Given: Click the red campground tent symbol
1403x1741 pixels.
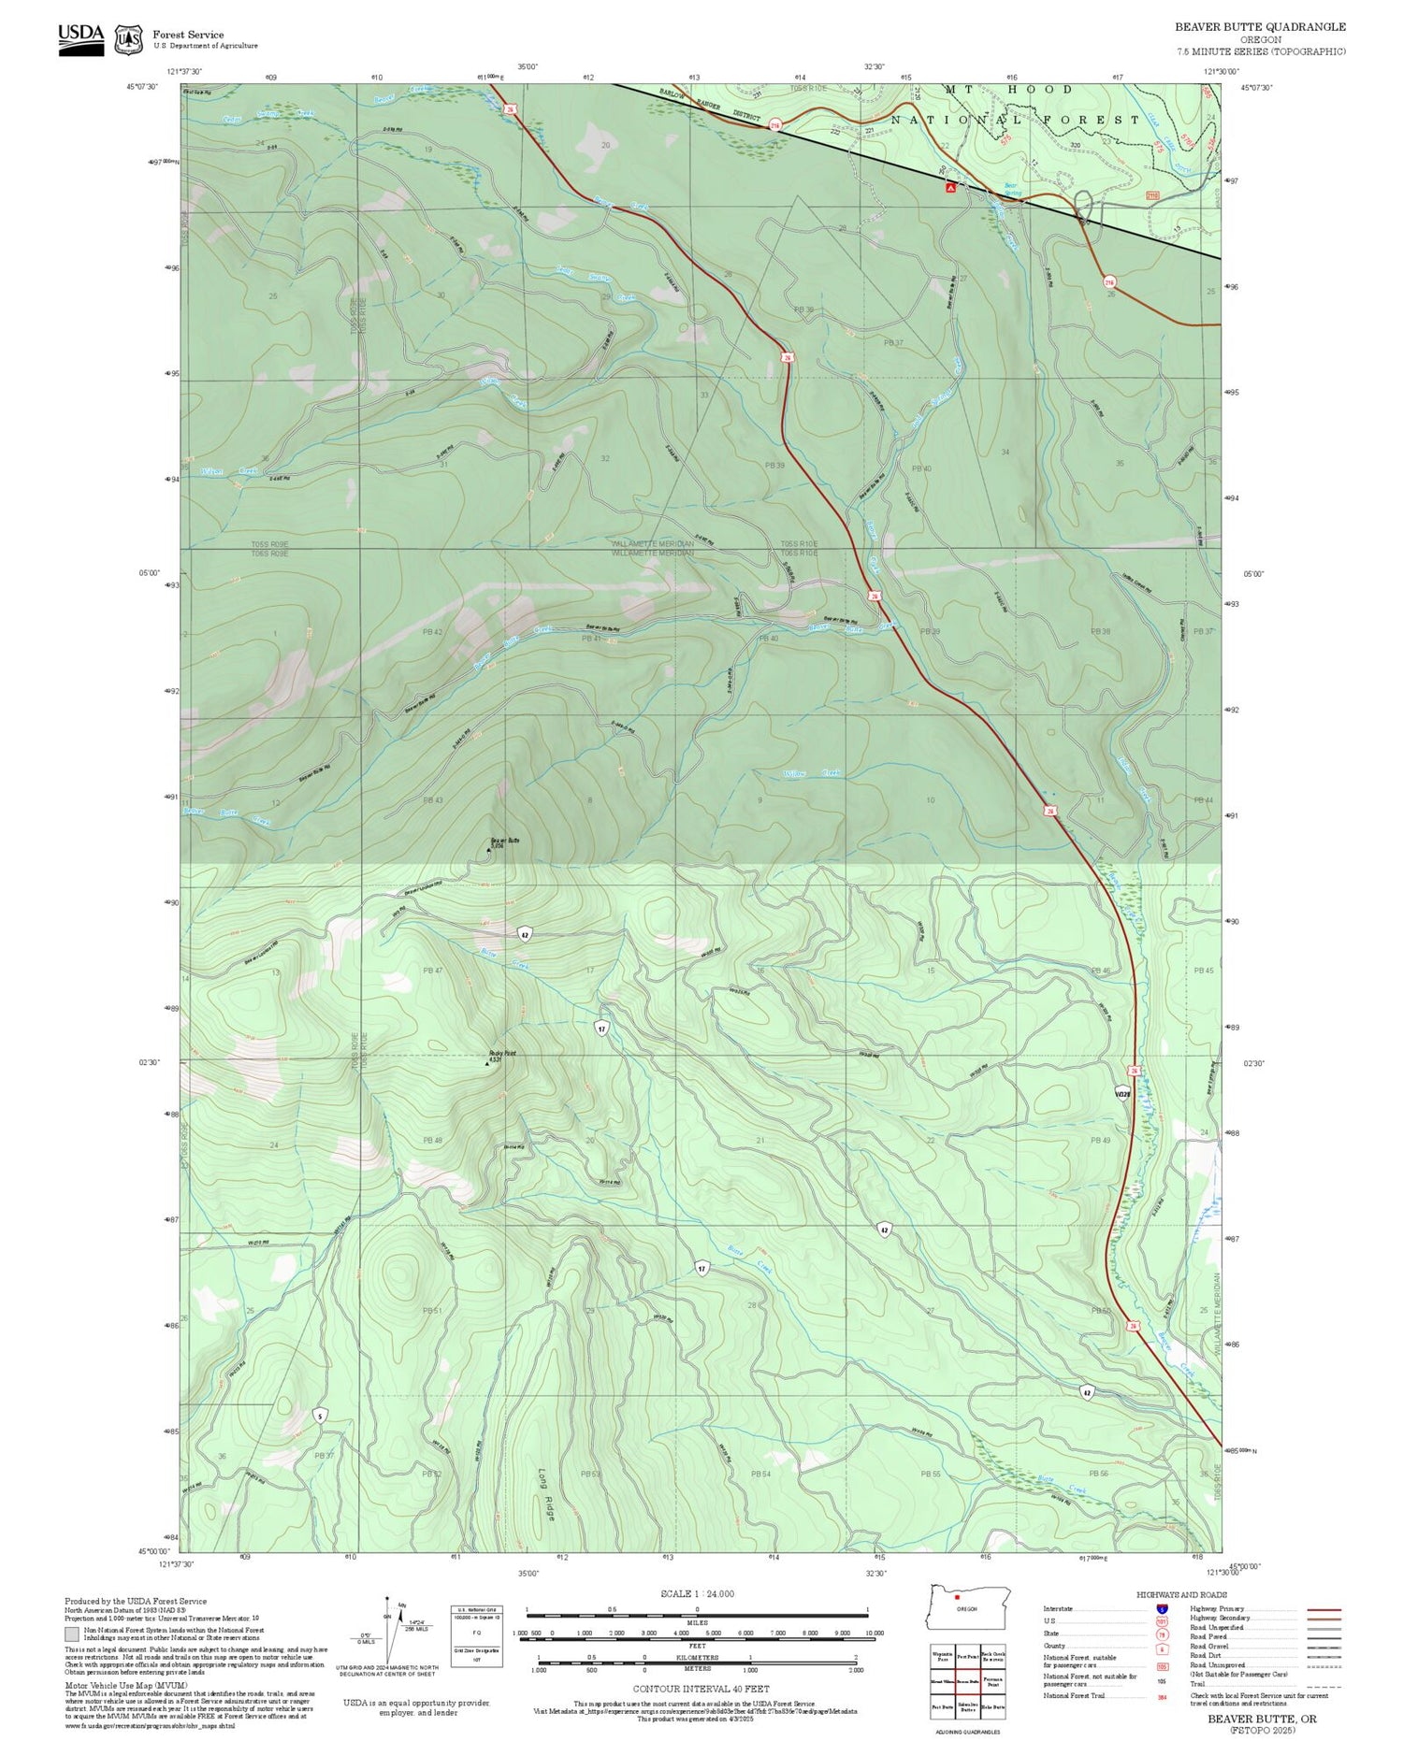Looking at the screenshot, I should point(950,188).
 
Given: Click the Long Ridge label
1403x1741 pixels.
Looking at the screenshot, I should point(545,1497).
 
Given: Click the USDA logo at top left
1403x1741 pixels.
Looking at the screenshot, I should point(81,38).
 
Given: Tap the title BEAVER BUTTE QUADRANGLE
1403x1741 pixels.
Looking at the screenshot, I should point(1260,27).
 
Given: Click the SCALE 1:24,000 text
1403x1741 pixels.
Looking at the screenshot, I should point(697,1594).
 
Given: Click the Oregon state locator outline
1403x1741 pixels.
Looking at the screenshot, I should point(968,1607).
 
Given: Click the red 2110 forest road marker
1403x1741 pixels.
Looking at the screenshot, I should point(1152,196).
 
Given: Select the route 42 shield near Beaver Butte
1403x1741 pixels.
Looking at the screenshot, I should point(525,934).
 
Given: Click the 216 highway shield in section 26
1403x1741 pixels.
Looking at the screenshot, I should point(1109,281).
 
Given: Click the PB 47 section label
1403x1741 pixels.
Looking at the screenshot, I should point(432,971).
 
